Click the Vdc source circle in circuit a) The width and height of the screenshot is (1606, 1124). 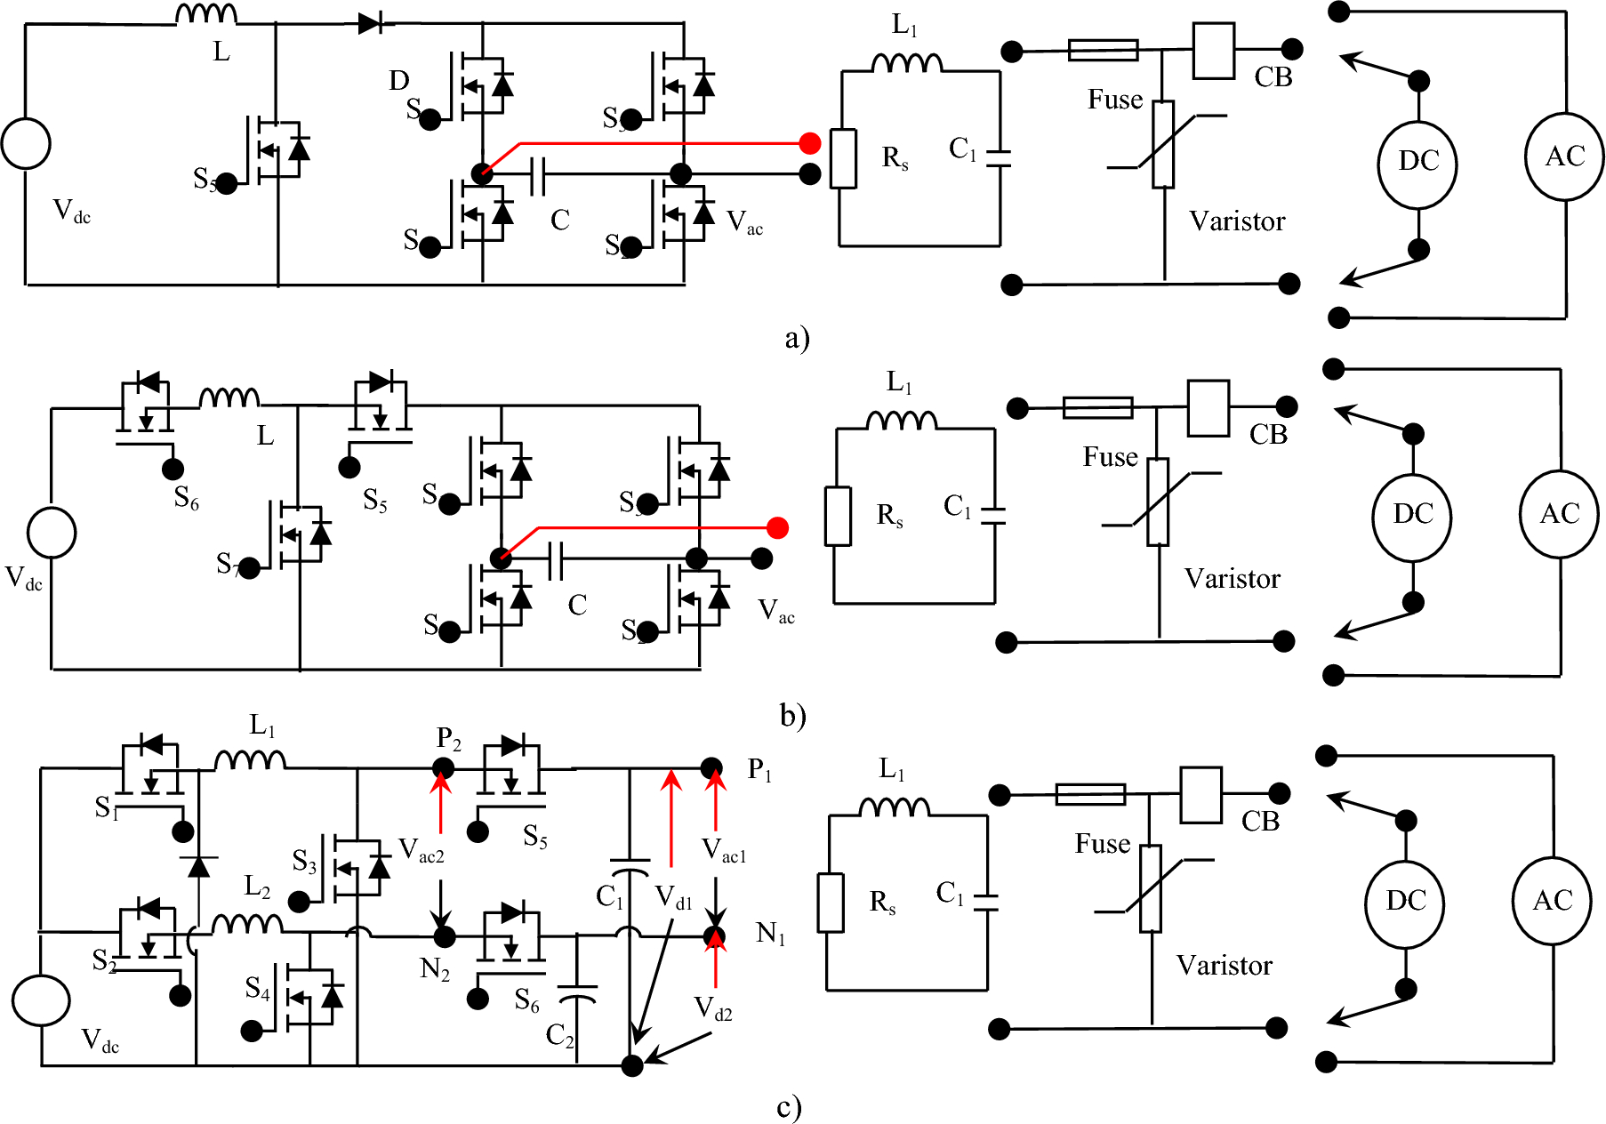26,143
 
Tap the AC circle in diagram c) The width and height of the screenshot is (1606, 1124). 1552,901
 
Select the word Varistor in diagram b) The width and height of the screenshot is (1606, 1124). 1232,579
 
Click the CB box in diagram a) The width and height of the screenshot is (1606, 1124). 1213,52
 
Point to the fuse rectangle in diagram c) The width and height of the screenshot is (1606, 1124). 1090,794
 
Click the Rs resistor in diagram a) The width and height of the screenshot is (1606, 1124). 843,158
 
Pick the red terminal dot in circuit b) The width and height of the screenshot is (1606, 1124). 777,528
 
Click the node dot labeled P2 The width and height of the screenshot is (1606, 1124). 443,767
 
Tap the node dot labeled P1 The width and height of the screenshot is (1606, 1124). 711,767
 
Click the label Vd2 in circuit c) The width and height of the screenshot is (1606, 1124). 713,1009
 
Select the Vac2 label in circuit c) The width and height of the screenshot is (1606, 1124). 421,851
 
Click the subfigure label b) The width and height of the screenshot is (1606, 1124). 792,715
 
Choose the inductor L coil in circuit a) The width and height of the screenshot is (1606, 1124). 206,14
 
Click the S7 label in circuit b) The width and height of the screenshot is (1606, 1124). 228,564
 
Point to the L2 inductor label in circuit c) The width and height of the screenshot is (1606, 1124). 257,886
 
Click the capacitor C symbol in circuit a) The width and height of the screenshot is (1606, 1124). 537,175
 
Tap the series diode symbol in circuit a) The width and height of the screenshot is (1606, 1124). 371,23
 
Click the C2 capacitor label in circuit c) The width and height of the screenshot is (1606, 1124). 559,1034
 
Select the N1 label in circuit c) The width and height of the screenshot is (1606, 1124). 770,934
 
